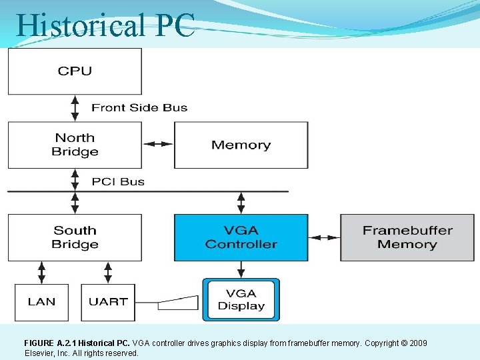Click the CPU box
pyautogui.click(x=75, y=71)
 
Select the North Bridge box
pyautogui.click(x=75, y=145)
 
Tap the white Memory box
pyautogui.click(x=241, y=145)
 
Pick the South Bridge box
pyautogui.click(x=75, y=237)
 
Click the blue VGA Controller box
pyautogui.click(x=241, y=237)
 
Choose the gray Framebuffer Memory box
pyautogui.click(x=407, y=237)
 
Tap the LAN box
pyautogui.click(x=41, y=302)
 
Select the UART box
pyautogui.click(x=107, y=302)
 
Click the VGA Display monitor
pyautogui.click(x=241, y=300)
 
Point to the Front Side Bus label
pyautogui.click(x=139, y=107)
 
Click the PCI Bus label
pyautogui.click(x=118, y=181)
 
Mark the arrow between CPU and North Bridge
pyautogui.click(x=75, y=107)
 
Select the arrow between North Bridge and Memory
pyautogui.click(x=158, y=144)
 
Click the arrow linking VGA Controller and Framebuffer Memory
pyautogui.click(x=324, y=237)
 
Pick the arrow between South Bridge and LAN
pyautogui.click(x=42, y=272)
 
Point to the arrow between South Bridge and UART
pyautogui.click(x=107, y=272)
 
